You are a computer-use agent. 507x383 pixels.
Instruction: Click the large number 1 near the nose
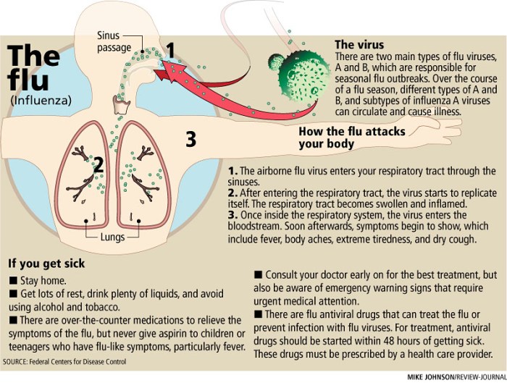point(170,50)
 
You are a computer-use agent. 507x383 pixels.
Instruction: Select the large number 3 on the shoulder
point(191,139)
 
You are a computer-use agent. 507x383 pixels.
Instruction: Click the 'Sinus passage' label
point(114,41)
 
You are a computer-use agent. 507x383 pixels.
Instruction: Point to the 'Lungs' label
point(112,237)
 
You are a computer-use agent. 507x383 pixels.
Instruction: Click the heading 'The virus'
point(359,44)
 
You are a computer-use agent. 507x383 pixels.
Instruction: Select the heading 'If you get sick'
point(46,264)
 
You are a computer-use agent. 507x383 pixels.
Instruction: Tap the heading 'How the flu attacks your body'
point(352,138)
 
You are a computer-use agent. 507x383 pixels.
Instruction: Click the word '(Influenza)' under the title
point(41,101)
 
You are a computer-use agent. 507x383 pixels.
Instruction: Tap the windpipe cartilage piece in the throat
point(121,105)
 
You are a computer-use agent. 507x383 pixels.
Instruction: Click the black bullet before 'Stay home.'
point(13,280)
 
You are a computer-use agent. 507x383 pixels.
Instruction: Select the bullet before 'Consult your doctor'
point(258,274)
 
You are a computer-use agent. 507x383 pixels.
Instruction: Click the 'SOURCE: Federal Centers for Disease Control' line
point(64,362)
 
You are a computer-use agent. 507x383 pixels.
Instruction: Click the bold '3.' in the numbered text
point(233,215)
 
